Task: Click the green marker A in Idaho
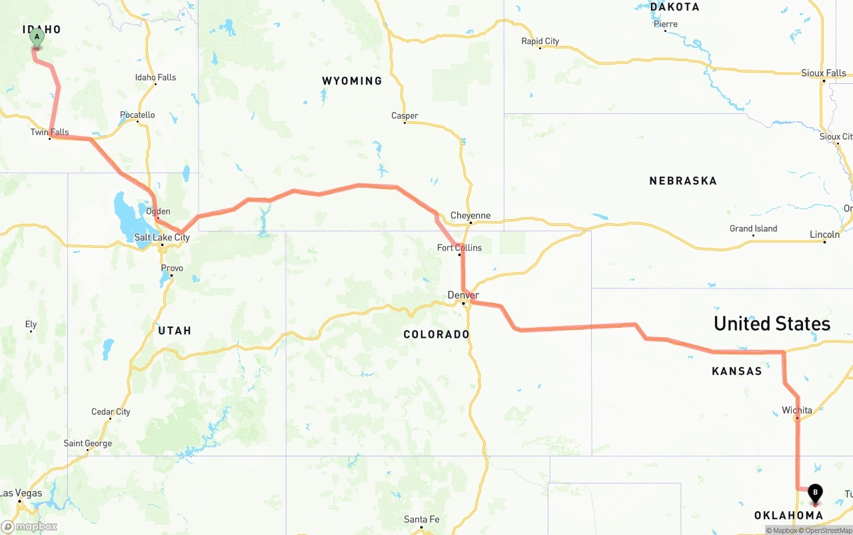pos(37,37)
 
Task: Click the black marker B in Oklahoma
pos(815,494)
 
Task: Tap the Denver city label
pos(463,295)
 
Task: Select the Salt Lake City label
pos(162,237)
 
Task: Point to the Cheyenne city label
pos(470,215)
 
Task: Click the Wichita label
pos(797,410)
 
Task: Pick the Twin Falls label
pos(49,132)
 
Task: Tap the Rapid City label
pos(540,41)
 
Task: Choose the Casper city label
pos(405,116)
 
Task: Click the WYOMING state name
pos(352,81)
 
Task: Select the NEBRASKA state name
pos(683,181)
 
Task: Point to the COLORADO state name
pos(436,334)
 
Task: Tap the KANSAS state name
pos(736,371)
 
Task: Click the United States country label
pos(772,324)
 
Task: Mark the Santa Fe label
pos(421,520)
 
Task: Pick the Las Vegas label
pos(21,494)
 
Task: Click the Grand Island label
pos(753,229)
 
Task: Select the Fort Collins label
pos(459,248)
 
